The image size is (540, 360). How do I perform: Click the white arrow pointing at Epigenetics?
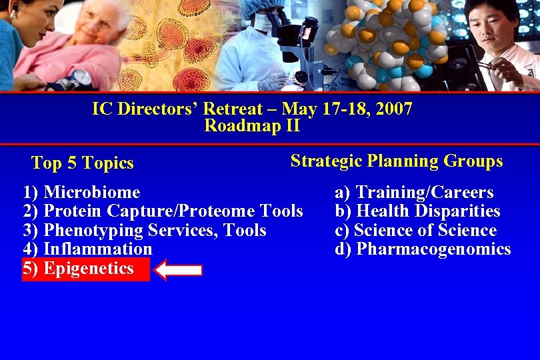178,269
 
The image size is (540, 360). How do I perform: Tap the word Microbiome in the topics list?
91,193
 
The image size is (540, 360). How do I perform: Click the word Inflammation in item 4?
97,249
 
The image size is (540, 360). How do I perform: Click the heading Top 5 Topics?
83,163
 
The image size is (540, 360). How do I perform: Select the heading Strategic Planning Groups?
397,161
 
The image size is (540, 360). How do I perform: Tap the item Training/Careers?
425,193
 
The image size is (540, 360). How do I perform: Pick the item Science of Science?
425,231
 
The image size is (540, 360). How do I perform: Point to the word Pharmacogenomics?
433,249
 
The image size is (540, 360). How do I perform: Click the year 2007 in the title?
394,109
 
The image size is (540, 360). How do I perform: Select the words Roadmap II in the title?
252,125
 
